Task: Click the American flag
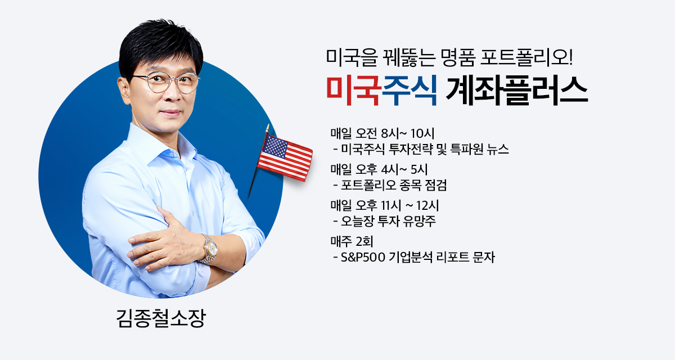click(285, 157)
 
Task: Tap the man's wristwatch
click(210, 249)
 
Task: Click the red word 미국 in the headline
click(353, 91)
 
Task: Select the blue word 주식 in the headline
click(409, 91)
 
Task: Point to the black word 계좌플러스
click(517, 91)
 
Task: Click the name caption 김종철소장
click(161, 318)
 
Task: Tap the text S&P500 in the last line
click(363, 258)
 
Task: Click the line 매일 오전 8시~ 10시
click(382, 133)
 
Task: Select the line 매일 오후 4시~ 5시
click(379, 170)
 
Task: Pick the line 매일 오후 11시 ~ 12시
click(385, 206)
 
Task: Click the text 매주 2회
click(352, 242)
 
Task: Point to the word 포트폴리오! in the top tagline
click(526, 57)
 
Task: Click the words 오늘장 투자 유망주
click(388, 222)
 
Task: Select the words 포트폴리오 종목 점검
click(394, 185)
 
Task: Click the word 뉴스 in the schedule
click(498, 150)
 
